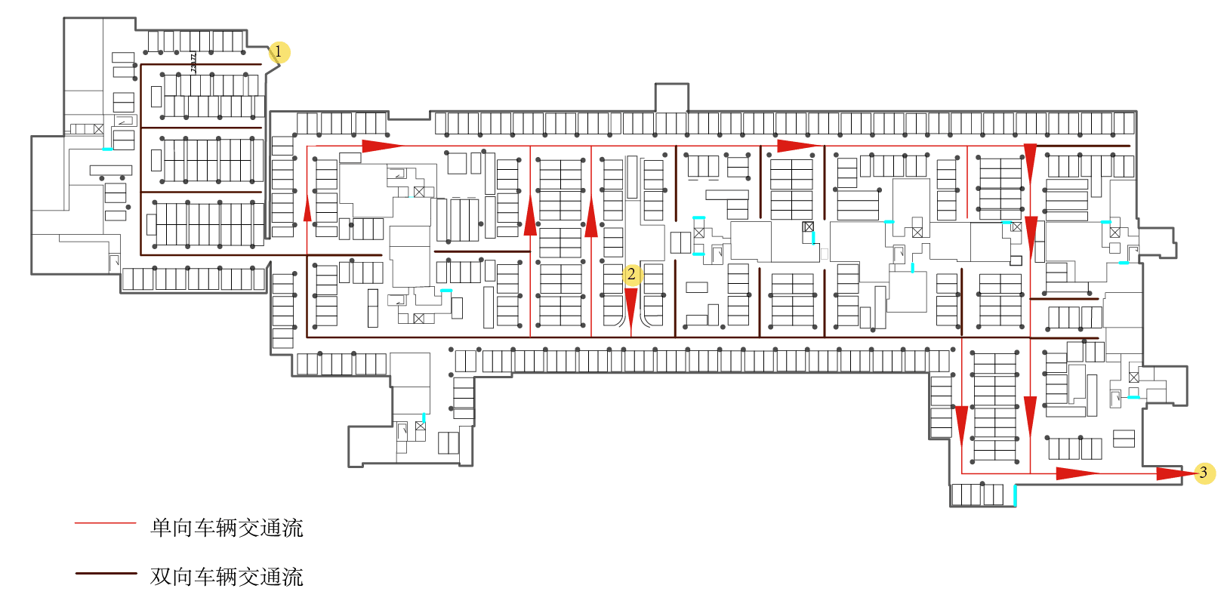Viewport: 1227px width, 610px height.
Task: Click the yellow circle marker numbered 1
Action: (279, 51)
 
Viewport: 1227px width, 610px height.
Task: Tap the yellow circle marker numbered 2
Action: (632, 275)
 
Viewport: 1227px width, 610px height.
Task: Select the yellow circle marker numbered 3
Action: (1204, 473)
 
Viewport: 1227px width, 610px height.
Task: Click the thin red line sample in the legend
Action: (105, 522)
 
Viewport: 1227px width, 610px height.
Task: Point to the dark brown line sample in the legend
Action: (105, 574)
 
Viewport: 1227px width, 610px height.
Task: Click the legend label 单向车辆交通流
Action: (227, 528)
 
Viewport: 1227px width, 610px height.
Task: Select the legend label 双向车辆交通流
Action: (227, 577)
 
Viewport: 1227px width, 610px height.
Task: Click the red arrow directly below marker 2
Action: (631, 308)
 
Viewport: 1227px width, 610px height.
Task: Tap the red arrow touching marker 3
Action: (1175, 473)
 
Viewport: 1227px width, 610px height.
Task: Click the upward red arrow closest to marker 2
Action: (591, 218)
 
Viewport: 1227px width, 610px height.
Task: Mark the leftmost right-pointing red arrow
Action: (381, 146)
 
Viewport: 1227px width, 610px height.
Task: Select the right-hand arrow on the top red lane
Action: (798, 146)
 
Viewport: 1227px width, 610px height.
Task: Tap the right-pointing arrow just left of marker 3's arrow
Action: (1076, 473)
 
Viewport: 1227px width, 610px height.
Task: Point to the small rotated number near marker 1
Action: (194, 62)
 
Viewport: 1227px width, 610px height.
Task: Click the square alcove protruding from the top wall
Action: (671, 97)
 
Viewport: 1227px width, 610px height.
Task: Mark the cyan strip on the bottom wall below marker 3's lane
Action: (1015, 495)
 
